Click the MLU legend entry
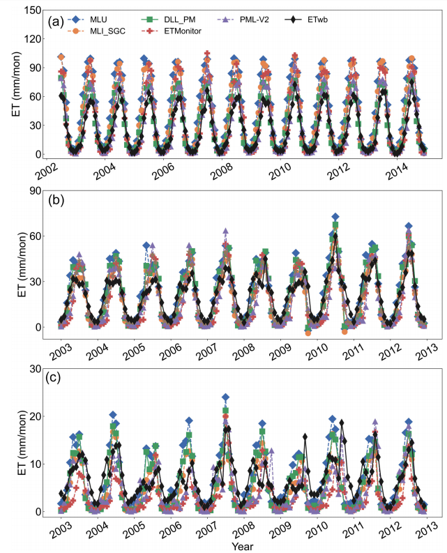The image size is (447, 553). [x=87, y=20]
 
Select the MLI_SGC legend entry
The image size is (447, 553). [x=96, y=31]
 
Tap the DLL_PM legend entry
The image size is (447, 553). [x=168, y=20]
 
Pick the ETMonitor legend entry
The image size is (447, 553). [x=172, y=31]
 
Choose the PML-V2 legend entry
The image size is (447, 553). [x=243, y=20]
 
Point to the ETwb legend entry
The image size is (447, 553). [x=306, y=20]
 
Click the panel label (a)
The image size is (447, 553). [x=56, y=22]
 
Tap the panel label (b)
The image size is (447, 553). [x=56, y=200]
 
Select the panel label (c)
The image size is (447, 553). [x=53, y=377]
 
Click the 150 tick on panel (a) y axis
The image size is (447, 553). [x=33, y=10]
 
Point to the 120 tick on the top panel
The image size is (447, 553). [x=33, y=39]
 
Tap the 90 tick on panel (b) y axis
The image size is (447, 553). [x=36, y=190]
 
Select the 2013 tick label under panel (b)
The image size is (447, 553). [x=426, y=351]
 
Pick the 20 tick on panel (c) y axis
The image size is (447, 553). [x=36, y=416]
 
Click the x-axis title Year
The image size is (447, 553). [x=243, y=546]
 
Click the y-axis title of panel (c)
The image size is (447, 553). [x=22, y=443]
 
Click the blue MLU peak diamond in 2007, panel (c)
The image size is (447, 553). [x=225, y=397]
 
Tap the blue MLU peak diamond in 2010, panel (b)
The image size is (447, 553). [x=335, y=217]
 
